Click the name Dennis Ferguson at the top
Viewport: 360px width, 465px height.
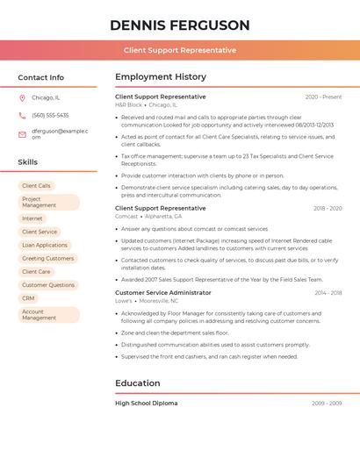(x=179, y=25)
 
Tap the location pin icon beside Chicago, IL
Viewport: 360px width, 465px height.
(x=23, y=97)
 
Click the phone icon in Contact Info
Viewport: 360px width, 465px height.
(x=23, y=115)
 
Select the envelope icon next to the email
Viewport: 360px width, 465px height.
(x=23, y=134)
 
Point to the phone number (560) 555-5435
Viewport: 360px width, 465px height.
(x=50, y=115)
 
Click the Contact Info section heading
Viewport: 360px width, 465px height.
(x=41, y=77)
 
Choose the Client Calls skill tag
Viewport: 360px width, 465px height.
(x=37, y=186)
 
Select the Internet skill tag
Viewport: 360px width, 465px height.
(x=32, y=218)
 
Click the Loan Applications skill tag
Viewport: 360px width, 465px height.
(x=45, y=246)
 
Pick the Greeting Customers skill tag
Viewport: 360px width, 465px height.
(x=48, y=259)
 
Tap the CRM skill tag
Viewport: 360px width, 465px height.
(x=29, y=298)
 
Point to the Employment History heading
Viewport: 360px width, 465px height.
(x=161, y=77)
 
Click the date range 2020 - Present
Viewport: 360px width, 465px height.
(x=323, y=97)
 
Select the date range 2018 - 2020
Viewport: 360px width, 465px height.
(x=327, y=209)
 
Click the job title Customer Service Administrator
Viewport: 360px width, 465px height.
(x=163, y=292)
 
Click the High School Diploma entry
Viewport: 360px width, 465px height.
(x=147, y=403)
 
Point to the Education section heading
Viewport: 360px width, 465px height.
(x=138, y=383)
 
